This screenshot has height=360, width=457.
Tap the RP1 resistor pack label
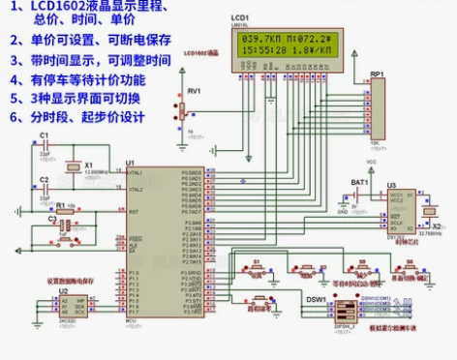pos(377,74)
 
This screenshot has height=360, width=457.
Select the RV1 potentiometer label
pos(195,90)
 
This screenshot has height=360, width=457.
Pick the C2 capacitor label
pos(43,180)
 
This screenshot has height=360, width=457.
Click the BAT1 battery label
pos(359,181)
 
